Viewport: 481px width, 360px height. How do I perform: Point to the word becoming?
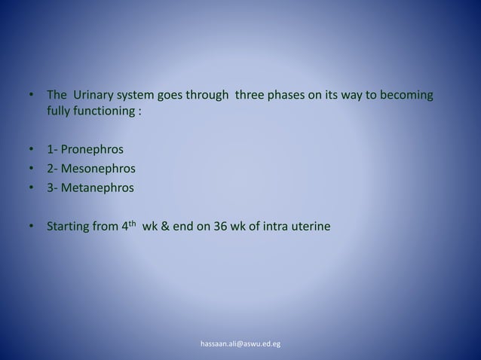tap(407, 96)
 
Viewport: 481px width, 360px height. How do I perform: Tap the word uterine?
tap(311, 225)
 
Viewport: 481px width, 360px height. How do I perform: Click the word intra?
tap(278, 225)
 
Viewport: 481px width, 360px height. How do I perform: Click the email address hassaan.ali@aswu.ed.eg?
tap(240, 344)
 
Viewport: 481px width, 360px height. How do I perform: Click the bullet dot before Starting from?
tap(31, 225)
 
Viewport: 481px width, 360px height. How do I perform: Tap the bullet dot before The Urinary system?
tap(31, 96)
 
